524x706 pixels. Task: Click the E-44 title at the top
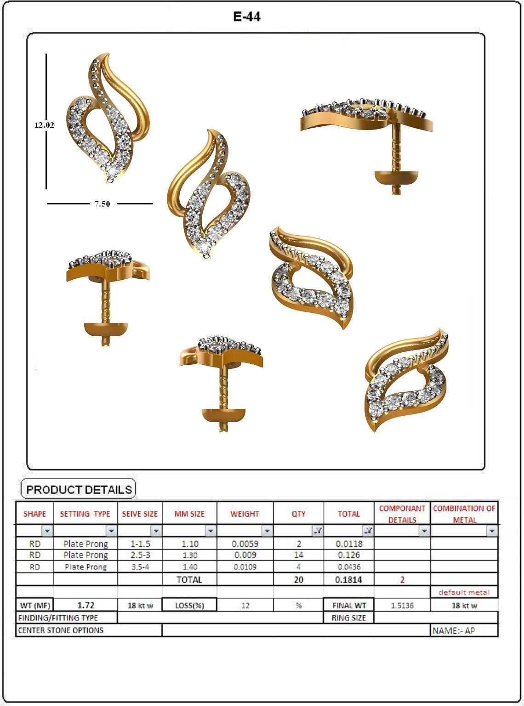(247, 17)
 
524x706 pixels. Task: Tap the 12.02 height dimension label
(44, 124)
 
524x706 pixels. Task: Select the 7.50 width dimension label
(102, 204)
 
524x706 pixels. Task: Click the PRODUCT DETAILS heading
(79, 489)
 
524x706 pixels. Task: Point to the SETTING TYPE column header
(85, 514)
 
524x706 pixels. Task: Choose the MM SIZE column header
(189, 514)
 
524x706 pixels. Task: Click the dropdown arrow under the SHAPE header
(47, 531)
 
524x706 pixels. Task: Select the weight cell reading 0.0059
(245, 544)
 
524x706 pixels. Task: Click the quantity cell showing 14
(298, 555)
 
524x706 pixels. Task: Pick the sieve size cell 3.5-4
(140, 567)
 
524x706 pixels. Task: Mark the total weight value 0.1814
(348, 580)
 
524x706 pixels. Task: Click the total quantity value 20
(298, 580)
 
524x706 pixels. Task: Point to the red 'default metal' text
(464, 593)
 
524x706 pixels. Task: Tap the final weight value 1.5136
(402, 605)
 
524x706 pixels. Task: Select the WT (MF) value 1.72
(85, 605)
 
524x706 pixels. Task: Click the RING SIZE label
(348, 618)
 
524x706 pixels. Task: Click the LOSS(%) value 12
(245, 605)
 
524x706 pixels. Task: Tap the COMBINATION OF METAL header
(464, 514)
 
